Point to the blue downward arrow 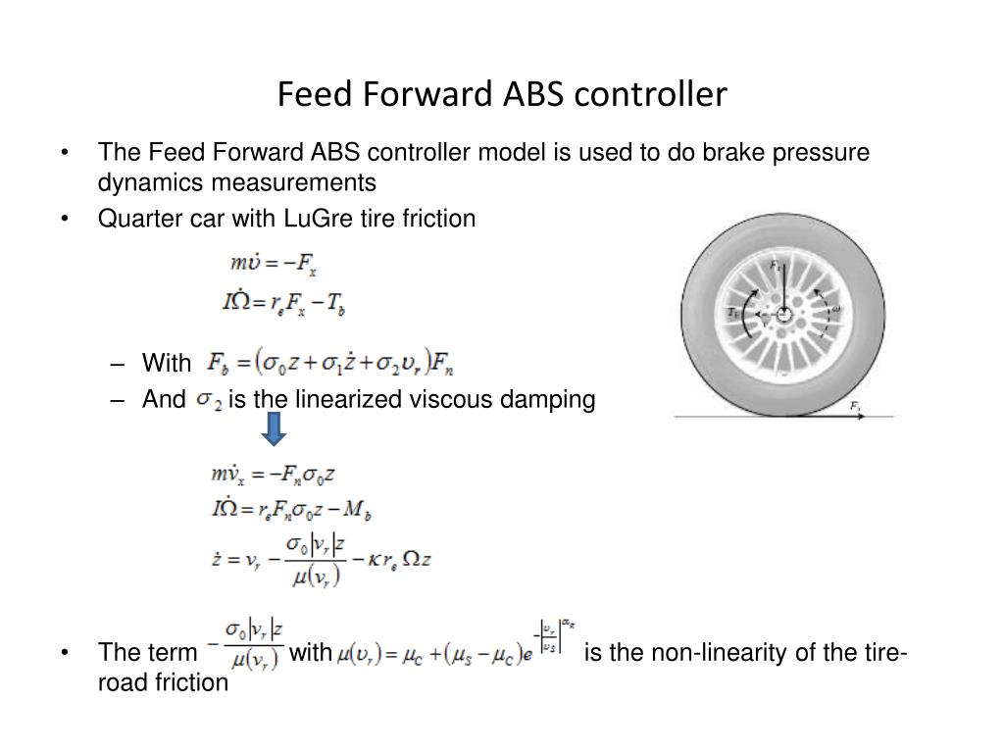tap(275, 428)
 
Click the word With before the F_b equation tap(167, 364)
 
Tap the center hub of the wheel tap(785, 314)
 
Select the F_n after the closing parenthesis tap(442, 365)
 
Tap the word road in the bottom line tap(119, 682)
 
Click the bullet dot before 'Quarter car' tap(65, 218)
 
